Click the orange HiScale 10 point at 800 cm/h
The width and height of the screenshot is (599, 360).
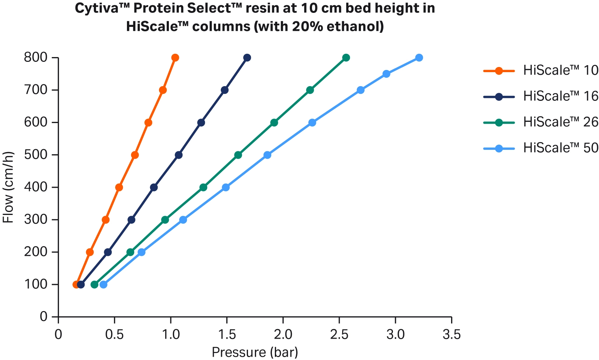(175, 58)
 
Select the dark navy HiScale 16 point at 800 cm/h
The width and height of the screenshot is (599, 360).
(247, 58)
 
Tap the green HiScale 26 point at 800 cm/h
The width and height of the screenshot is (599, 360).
(346, 58)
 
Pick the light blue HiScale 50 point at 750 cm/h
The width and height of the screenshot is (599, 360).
(386, 74)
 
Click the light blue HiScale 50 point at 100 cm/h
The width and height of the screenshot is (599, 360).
(103, 285)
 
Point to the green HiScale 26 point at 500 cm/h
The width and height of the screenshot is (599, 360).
(238, 155)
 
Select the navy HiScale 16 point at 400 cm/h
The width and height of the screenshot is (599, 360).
(154, 187)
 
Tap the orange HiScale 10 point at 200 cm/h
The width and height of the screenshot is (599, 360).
(90, 252)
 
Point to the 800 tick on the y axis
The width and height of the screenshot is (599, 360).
(36, 58)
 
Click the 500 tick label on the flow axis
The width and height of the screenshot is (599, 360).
(36, 155)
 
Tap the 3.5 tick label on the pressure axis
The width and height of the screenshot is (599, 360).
(451, 335)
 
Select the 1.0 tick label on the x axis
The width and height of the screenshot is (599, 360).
(170, 335)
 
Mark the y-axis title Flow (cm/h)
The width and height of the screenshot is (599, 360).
(8, 187)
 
